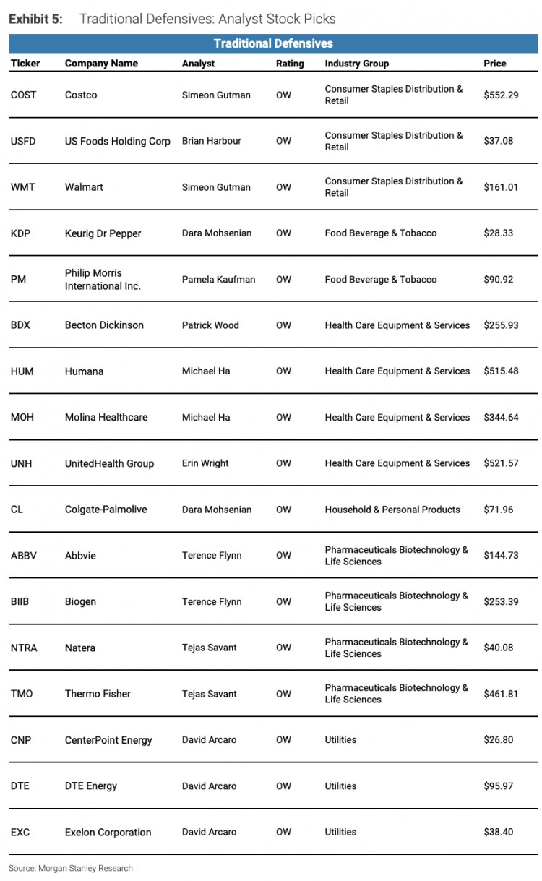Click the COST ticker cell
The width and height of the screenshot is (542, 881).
(x=23, y=95)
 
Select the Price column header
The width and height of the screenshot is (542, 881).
(x=495, y=64)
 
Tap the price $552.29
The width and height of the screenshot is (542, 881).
(x=501, y=95)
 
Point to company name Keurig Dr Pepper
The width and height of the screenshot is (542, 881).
(x=103, y=233)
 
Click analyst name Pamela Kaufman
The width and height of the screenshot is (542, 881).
(x=218, y=280)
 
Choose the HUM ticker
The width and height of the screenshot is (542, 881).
(x=22, y=371)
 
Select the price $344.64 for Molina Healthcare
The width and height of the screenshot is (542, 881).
(x=501, y=418)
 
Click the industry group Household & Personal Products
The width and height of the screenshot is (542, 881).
(x=392, y=510)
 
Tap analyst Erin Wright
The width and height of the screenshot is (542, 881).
(x=205, y=463)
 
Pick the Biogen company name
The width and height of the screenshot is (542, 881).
(x=80, y=602)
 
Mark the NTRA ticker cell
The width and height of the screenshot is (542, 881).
(x=24, y=648)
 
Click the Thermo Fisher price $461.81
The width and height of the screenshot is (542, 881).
(x=501, y=694)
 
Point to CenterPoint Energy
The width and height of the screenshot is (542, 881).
(x=108, y=740)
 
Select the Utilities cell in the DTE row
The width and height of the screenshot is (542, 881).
(x=340, y=786)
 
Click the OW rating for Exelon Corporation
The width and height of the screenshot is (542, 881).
(x=283, y=833)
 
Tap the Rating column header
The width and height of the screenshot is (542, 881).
(x=290, y=64)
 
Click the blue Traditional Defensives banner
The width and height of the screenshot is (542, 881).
(x=273, y=44)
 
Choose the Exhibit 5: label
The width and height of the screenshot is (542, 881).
(x=35, y=19)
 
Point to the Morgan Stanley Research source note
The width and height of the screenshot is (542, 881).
(x=72, y=868)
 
